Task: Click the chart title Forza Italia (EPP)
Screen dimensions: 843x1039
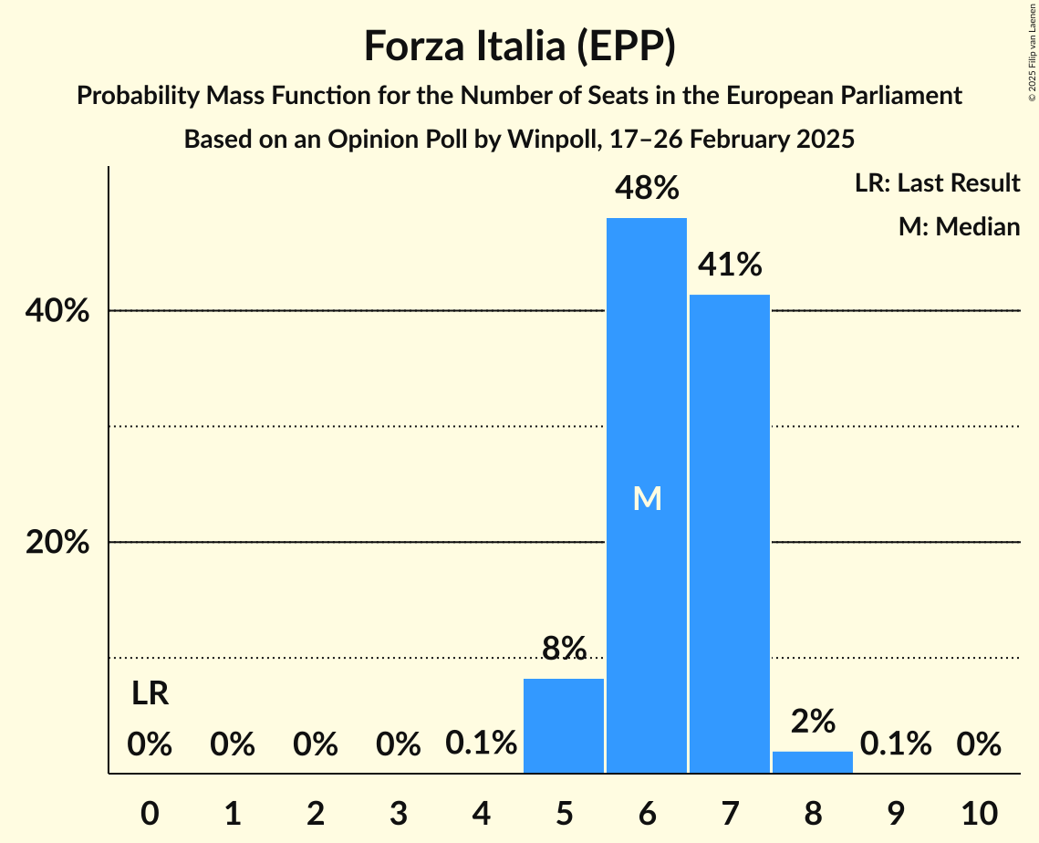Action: (x=519, y=46)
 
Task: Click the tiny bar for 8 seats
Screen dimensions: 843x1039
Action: (x=813, y=762)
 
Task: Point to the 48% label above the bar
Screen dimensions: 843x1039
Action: (x=647, y=189)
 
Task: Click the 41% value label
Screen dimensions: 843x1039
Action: (x=730, y=265)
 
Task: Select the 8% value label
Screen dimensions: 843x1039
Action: (x=564, y=649)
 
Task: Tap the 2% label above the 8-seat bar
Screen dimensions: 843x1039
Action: (x=813, y=722)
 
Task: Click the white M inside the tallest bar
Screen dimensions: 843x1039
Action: (x=647, y=498)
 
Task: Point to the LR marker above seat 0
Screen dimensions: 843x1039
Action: (x=150, y=694)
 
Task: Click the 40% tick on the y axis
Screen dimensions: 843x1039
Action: (x=57, y=311)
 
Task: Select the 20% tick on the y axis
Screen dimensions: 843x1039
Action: (x=57, y=543)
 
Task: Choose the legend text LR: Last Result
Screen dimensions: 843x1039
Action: (x=937, y=183)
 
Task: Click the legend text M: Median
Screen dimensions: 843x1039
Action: (x=959, y=226)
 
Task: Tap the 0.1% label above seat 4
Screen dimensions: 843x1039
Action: (x=481, y=744)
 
